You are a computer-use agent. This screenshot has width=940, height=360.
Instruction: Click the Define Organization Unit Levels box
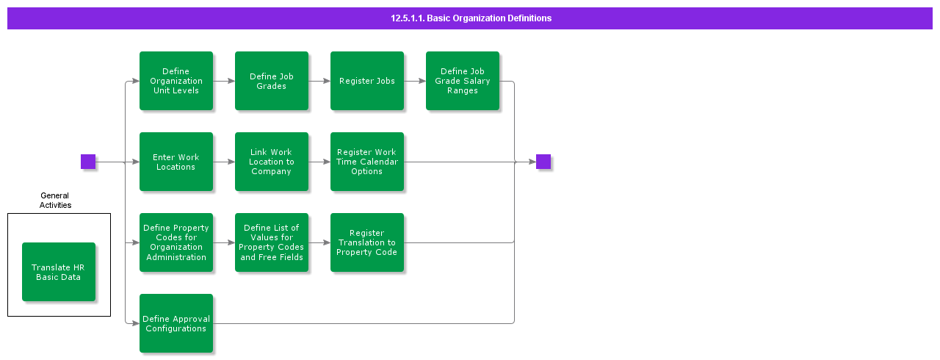point(176,81)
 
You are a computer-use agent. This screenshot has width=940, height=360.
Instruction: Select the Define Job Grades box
point(272,81)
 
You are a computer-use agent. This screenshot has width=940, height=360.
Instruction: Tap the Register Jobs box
point(367,81)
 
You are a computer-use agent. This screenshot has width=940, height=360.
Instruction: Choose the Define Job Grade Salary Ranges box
point(463,81)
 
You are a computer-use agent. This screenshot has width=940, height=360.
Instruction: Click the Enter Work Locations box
point(176,162)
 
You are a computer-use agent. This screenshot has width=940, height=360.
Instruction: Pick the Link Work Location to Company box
point(272,162)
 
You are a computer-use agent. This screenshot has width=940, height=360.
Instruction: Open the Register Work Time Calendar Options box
point(367,162)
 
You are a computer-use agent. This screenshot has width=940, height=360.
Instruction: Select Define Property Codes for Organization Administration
point(176,242)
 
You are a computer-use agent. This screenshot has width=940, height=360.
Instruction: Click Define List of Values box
point(272,242)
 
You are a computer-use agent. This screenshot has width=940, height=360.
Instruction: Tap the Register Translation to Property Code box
point(367,242)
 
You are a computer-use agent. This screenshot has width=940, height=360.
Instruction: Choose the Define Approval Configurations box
point(176,323)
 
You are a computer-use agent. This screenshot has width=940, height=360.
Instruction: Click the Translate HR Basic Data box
point(59,272)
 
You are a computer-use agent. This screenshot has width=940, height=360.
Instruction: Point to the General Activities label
point(55,201)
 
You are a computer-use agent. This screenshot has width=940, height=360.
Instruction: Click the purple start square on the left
point(88,162)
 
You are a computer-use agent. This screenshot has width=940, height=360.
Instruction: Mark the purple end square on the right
point(543,162)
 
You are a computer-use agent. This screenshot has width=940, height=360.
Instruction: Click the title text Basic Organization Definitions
point(471,18)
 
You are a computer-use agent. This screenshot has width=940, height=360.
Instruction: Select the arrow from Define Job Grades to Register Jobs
point(319,81)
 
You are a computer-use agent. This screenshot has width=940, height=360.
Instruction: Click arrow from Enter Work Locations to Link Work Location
point(224,162)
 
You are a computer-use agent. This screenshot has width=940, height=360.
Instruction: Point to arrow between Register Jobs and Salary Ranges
point(415,81)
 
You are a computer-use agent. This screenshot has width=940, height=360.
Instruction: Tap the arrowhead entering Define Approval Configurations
point(135,323)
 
